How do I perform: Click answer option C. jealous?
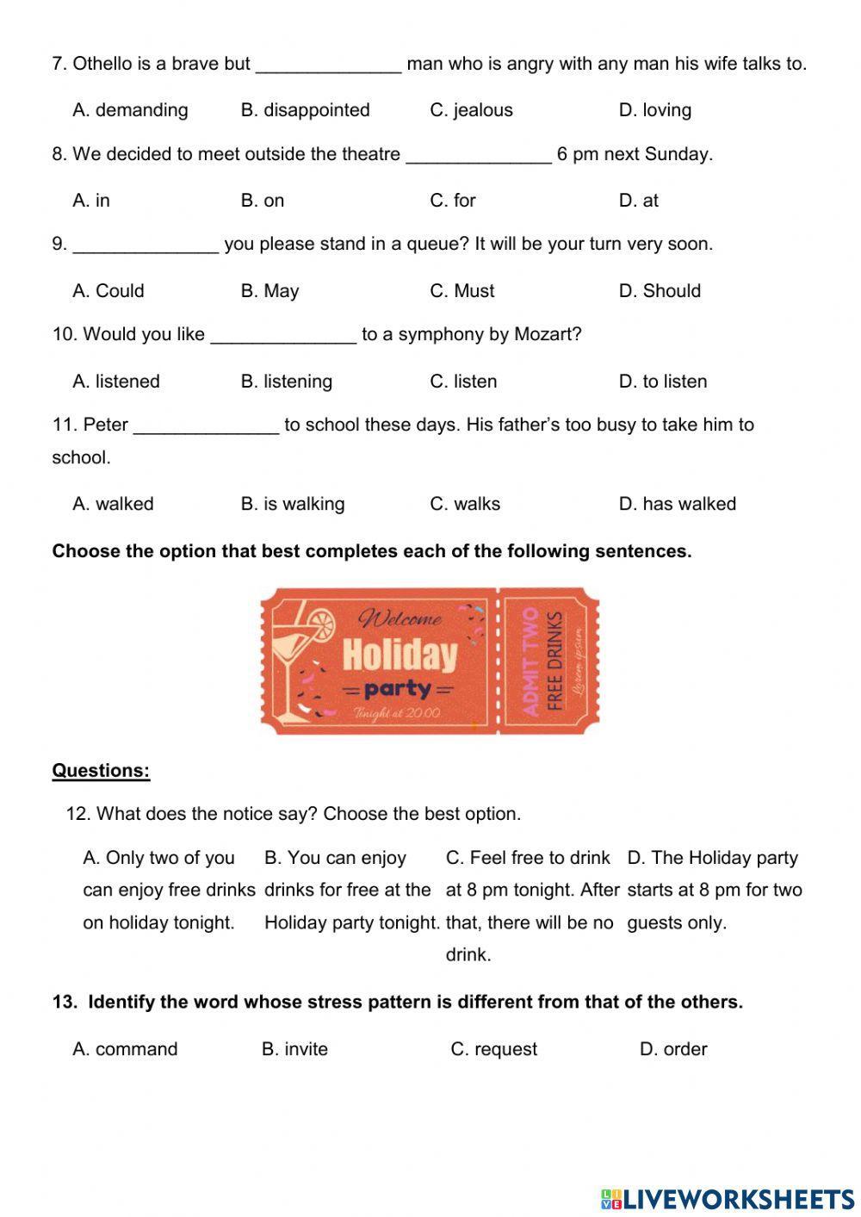pyautogui.click(x=471, y=110)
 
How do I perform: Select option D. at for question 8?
pyautogui.click(x=638, y=201)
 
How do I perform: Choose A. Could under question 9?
pyautogui.click(x=108, y=291)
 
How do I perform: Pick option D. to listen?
pyautogui.click(x=662, y=382)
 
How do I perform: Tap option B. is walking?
pyautogui.click(x=292, y=504)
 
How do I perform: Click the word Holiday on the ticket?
pyautogui.click(x=400, y=655)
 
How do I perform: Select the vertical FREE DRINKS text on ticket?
pyautogui.click(x=555, y=661)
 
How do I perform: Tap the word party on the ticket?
pyautogui.click(x=397, y=689)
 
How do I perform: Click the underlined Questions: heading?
pyautogui.click(x=101, y=771)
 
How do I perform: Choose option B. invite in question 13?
pyautogui.click(x=294, y=1049)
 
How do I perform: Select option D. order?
pyautogui.click(x=672, y=1049)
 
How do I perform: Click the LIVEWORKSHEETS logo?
pyautogui.click(x=728, y=1198)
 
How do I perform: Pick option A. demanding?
pyautogui.click(x=130, y=110)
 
